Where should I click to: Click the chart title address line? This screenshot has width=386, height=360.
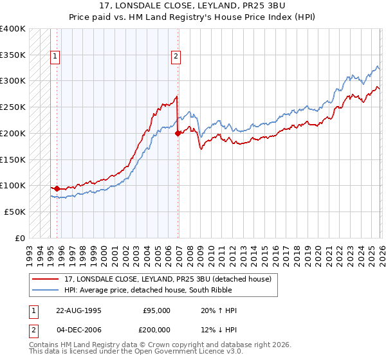click(193, 6)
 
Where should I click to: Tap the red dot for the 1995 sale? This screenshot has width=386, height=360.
click(57, 188)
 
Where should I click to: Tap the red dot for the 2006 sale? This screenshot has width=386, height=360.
click(178, 134)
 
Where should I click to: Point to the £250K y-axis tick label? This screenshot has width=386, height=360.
click(13, 107)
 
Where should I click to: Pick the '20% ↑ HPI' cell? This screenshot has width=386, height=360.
click(219, 310)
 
